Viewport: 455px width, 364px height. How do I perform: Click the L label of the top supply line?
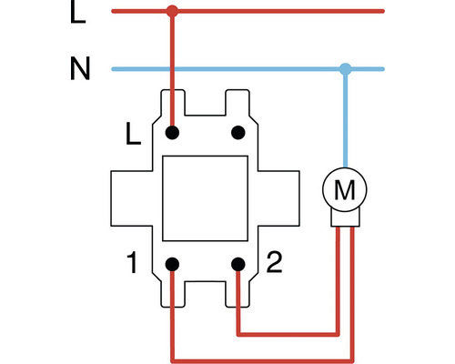point(78,13)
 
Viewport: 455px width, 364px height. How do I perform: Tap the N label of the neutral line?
point(79,69)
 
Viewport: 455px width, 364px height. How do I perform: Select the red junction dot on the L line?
point(172,12)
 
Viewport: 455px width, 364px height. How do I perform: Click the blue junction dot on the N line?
point(345,68)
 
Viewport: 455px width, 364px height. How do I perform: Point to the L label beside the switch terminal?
point(133,136)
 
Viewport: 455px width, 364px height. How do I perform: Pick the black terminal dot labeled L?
point(172,133)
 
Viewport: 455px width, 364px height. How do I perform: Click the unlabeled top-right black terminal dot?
point(238,133)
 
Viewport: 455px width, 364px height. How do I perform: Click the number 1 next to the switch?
point(133,265)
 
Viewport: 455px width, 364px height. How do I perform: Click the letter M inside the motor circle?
point(345,191)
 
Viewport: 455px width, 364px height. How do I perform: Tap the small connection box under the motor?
point(345,219)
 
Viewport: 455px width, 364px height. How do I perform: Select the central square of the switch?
point(205,198)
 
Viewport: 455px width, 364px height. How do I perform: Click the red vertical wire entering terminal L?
point(172,73)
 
